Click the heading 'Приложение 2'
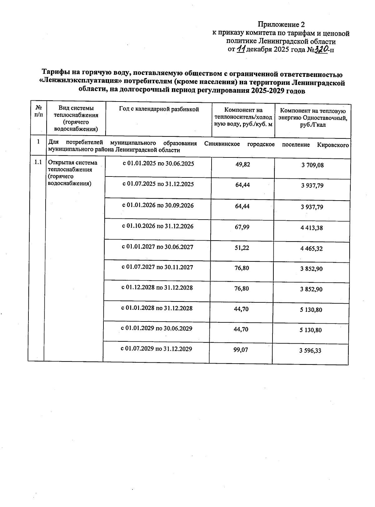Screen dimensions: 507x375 click(281, 24)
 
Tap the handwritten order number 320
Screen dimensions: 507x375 click(321, 49)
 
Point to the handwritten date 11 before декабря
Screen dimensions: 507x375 click(241, 49)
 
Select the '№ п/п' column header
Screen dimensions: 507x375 click(39, 112)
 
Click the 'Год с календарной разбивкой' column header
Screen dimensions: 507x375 click(159, 109)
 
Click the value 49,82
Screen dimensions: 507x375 click(243, 164)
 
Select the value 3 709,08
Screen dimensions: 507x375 click(312, 165)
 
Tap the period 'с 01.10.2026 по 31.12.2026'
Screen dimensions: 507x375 click(158, 226)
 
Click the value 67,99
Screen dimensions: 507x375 click(242, 227)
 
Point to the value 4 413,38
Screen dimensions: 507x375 click(312, 228)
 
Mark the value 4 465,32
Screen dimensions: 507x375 click(312, 249)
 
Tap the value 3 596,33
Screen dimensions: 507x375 click(310, 351)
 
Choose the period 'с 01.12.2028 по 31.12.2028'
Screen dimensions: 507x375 click(157, 287)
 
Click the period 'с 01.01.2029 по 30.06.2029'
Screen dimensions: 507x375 click(157, 328)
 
